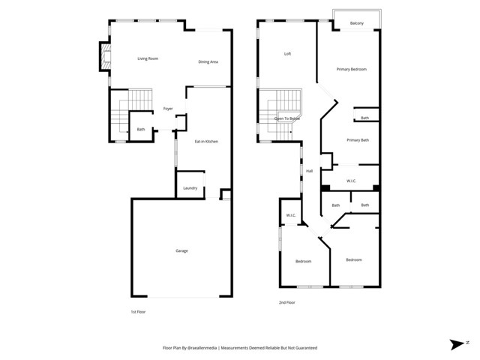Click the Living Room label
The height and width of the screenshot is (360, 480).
pos(147,58)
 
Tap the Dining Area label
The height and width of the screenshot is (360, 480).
pos(208,61)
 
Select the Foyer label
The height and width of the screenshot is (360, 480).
pos(168,109)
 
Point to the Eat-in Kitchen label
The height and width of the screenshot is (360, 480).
pos(206,141)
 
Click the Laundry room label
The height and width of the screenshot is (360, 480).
pos(190,187)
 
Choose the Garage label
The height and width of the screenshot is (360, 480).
pos(181,250)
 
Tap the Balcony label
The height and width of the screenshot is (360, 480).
pos(357,24)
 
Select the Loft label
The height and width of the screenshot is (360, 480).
pos(287,54)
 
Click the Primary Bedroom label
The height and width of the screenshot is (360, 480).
pos(351,69)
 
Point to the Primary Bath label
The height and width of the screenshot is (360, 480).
pos(358,140)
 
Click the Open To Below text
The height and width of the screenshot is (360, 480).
pos(286,118)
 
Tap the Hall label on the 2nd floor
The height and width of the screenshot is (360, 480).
pos(309,171)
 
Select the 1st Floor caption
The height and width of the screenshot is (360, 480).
pos(137,311)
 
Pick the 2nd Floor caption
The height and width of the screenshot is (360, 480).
pos(286,302)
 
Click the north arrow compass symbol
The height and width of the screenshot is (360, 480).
pos(457,344)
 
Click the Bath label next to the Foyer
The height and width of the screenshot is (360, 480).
pos(140,130)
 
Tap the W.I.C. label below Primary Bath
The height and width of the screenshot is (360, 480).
pos(351,181)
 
